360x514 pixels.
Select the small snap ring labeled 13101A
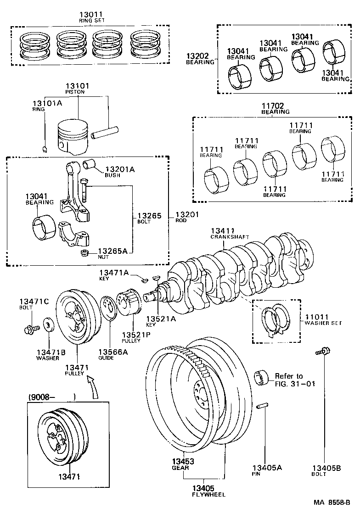coord(44,148)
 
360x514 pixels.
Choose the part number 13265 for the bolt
coord(150,215)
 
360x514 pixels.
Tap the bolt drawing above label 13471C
coord(29,330)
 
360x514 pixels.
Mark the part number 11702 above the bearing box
coord(275,105)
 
